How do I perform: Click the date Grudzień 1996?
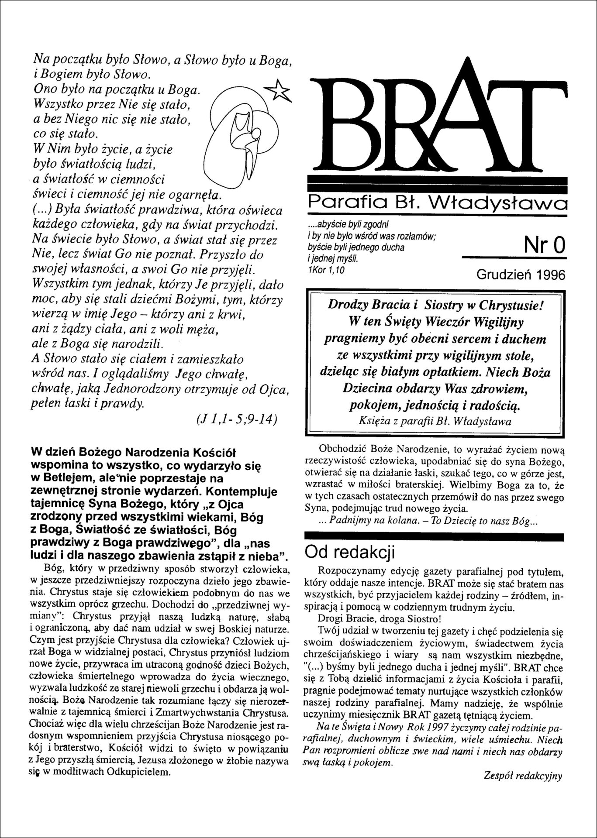pos(521,275)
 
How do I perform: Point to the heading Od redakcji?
pos(350,552)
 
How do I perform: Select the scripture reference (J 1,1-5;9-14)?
pos(235,419)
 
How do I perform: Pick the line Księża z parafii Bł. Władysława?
pos(435,421)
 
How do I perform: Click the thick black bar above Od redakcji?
pos(435,536)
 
